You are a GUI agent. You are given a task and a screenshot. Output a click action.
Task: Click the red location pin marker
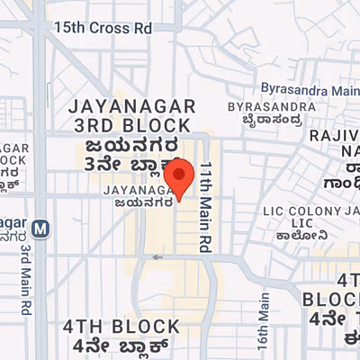tap(181, 177)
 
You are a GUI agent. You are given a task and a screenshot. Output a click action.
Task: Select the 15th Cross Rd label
tap(103, 28)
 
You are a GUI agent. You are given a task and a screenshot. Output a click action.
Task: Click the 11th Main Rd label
tap(205, 207)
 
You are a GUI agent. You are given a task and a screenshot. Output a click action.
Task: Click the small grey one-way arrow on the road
tap(157, 257)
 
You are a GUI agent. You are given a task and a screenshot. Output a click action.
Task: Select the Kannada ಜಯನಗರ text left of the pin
tap(137, 202)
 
